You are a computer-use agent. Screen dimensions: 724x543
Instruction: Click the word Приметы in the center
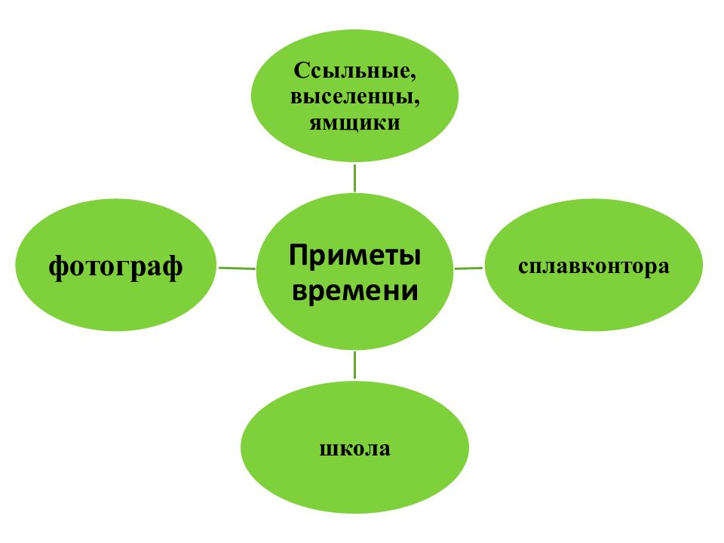(354, 255)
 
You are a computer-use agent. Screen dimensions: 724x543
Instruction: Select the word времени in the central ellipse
(354, 291)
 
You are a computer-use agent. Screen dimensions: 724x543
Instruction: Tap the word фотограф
(115, 267)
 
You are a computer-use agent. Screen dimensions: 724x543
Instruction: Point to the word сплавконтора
(594, 266)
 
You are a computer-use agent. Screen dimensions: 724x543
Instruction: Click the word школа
(354, 448)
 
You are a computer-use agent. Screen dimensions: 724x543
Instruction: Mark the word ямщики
(354, 123)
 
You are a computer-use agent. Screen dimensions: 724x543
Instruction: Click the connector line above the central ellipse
(354, 178)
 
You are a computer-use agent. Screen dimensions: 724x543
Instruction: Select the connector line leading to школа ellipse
(354, 365)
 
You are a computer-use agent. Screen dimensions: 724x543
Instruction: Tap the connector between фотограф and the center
(236, 268)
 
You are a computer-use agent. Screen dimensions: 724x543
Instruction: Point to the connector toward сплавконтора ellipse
(468, 268)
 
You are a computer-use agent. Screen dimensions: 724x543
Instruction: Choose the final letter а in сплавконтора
(664, 267)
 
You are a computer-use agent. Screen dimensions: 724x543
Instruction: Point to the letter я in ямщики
(315, 124)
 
